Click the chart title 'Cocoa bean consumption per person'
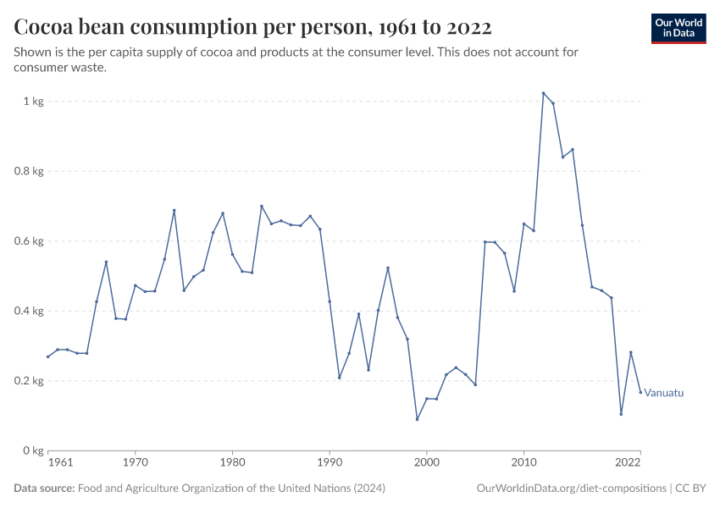[253, 27]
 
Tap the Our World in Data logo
[678, 28]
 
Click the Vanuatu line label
[663, 393]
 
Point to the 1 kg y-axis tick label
[33, 102]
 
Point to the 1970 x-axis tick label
[136, 463]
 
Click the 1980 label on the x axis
[232, 463]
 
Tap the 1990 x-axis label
[330, 463]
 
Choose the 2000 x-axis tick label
[426, 463]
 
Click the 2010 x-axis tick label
[523, 463]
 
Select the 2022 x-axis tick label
[629, 463]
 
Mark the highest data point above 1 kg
[543, 93]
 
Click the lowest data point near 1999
[417, 419]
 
